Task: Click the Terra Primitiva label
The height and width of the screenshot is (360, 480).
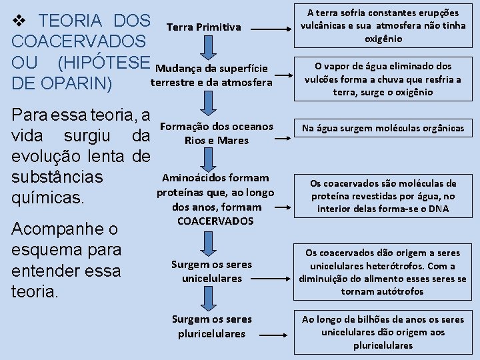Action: (x=203, y=27)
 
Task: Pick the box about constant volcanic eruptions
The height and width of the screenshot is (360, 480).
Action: (x=383, y=26)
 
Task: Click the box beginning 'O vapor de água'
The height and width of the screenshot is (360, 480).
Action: (x=383, y=79)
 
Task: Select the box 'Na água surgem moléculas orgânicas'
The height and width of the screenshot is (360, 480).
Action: (x=383, y=128)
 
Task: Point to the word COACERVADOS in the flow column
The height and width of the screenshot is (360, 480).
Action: (x=215, y=221)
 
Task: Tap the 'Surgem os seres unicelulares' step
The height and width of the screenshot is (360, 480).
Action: (x=212, y=271)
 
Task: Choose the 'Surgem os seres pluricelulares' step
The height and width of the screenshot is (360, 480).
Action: (x=212, y=326)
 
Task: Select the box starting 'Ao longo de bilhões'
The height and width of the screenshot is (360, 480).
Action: (x=383, y=332)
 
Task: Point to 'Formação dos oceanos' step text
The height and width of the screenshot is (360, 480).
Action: (x=217, y=126)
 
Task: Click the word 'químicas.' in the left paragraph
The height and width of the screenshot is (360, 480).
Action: (x=47, y=198)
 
